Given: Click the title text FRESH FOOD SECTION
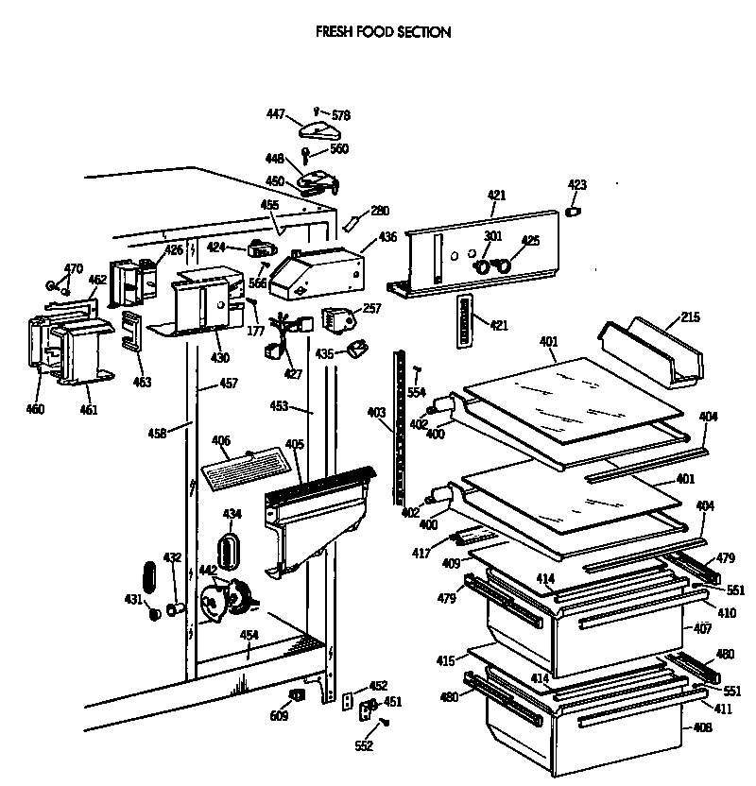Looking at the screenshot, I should [383, 32].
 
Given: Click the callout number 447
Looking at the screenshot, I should [275, 114].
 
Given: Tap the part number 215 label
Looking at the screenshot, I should [690, 317].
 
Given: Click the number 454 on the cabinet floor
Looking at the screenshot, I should [249, 635].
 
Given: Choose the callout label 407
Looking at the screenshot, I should [702, 628].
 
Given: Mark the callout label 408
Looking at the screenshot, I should [702, 728].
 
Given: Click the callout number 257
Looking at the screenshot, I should [372, 309].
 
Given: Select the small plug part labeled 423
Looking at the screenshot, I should [573, 210].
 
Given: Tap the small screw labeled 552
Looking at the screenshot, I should [385, 724].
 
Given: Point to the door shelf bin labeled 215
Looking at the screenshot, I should [652, 354].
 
